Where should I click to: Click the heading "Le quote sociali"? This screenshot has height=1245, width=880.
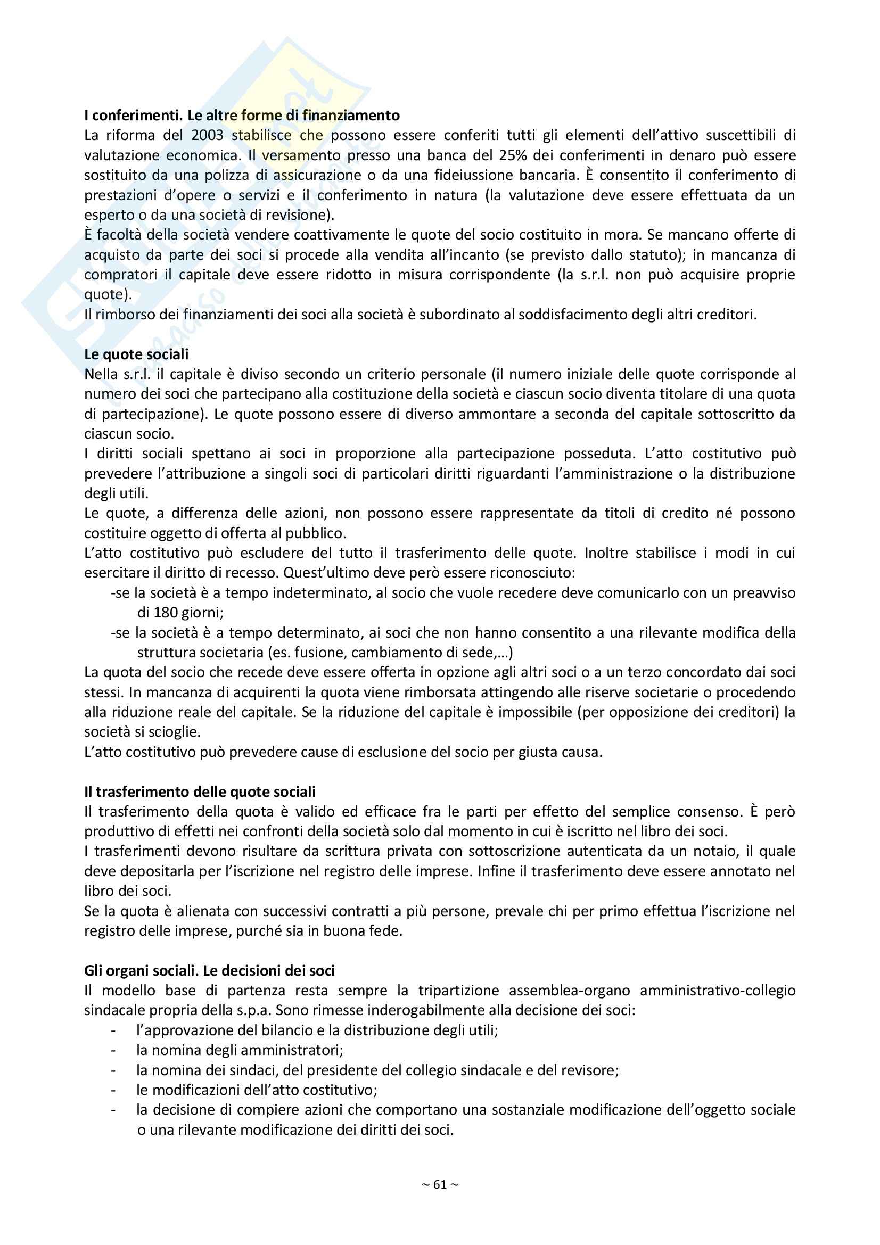click(136, 354)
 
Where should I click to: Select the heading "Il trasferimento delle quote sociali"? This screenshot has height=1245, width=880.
click(200, 792)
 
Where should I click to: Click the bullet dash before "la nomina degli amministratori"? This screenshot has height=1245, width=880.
click(113, 1050)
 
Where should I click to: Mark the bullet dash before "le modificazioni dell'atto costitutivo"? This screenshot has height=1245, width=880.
click(113, 1090)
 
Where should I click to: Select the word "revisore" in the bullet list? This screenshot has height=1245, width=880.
click(592, 1070)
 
